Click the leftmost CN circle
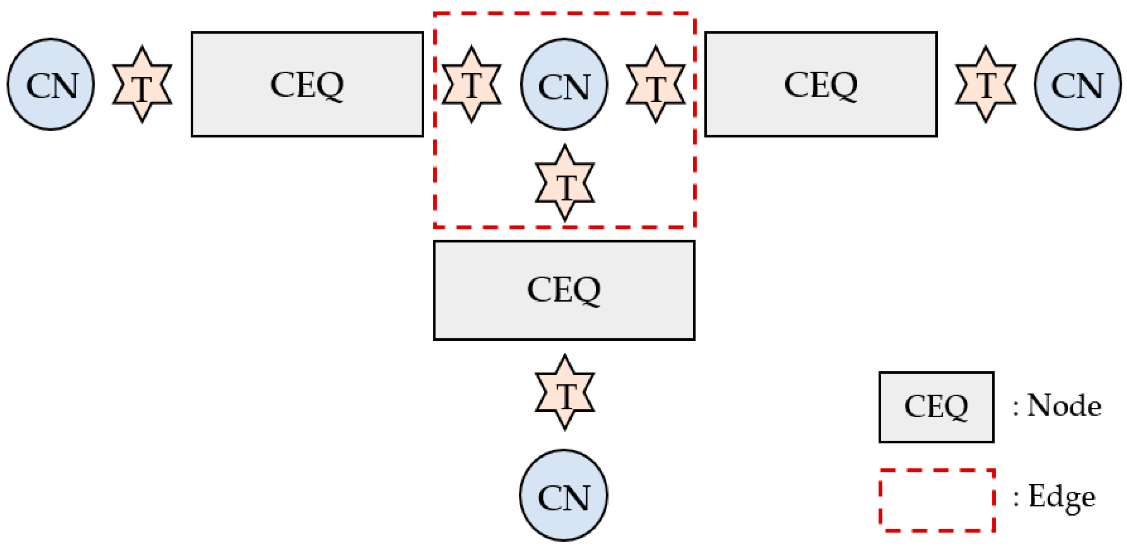tap(51, 84)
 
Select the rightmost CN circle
tap(1077, 84)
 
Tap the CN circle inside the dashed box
tap(564, 84)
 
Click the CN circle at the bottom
tap(563, 495)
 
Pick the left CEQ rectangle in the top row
tap(307, 84)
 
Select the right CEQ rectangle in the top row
tap(821, 84)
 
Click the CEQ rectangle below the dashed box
tap(564, 290)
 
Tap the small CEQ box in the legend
tap(936, 407)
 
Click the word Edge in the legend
tap(1061, 497)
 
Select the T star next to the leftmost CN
tap(142, 84)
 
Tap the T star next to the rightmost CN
tap(985, 84)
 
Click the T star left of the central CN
tap(471, 84)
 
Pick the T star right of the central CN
tap(655, 84)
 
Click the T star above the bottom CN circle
tap(564, 392)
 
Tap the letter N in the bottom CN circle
tap(577, 498)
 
